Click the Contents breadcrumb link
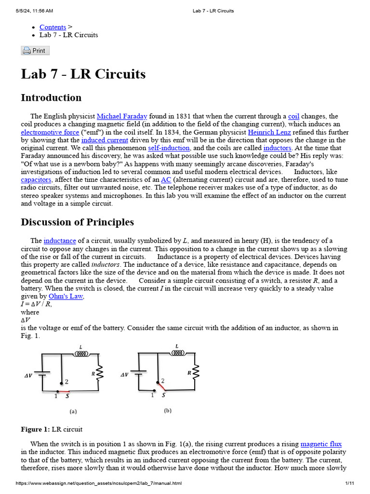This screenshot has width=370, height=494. pyautogui.click(x=53, y=27)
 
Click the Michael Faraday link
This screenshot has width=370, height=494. pyautogui.click(x=122, y=116)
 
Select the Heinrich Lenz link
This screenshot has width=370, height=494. pyautogui.click(x=269, y=132)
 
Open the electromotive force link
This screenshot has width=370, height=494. pyautogui.click(x=50, y=132)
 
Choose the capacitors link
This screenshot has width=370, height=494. pyautogui.click(x=36, y=179)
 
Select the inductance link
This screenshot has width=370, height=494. pyautogui.click(x=60, y=240)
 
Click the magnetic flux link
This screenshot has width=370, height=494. pyautogui.click(x=321, y=444)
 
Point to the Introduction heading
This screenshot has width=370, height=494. pyautogui.click(x=51, y=98)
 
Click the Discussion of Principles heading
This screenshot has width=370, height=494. pyautogui.click(x=77, y=222)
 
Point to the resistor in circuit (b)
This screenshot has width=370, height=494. pyautogui.click(x=196, y=372)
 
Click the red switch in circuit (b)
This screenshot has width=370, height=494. pyautogui.click(x=160, y=385)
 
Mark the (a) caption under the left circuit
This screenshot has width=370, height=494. pyautogui.click(x=73, y=412)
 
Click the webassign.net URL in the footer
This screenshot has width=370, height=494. pyautogui.click(x=99, y=483)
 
